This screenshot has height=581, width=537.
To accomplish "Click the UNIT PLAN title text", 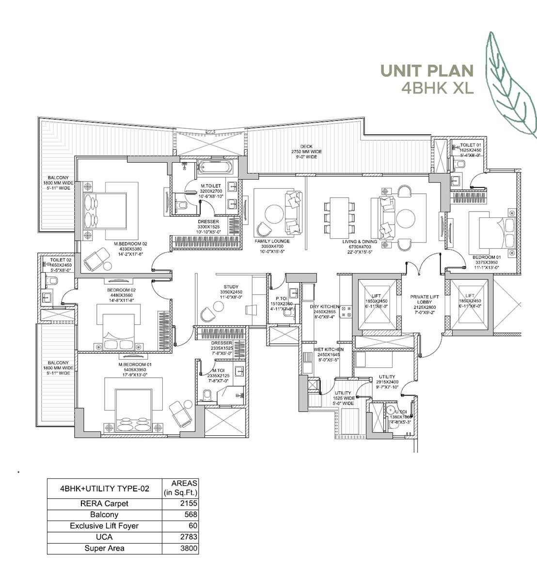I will (426, 71).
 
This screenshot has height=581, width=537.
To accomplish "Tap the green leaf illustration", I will (509, 85).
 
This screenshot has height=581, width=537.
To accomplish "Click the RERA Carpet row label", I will (104, 504).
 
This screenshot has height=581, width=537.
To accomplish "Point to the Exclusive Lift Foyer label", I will (104, 526).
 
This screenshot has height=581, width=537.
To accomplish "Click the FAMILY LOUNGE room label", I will (272, 241).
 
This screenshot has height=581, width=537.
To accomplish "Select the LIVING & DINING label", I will (360, 242).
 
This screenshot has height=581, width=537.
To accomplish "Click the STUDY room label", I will (231, 287).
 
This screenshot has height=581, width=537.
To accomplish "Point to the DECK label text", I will (306, 147).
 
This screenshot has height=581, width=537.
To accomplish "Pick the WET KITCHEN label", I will (328, 350).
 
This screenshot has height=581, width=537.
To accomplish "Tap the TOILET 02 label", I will (61, 260).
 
